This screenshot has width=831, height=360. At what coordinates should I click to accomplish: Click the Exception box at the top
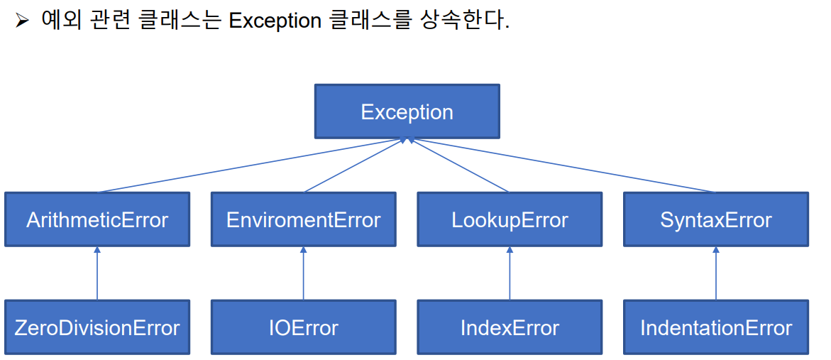pos(407,111)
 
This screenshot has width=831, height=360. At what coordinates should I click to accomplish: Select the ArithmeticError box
pos(97,219)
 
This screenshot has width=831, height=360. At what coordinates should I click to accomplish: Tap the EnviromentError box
pos(303,219)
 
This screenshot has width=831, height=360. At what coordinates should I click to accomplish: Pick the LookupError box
pos(510,219)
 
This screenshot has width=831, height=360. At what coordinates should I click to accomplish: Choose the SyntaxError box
pos(716,219)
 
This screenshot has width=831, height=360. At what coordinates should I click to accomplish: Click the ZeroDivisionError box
pos(97,327)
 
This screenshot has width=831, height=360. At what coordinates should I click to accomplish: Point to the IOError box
pos(303,327)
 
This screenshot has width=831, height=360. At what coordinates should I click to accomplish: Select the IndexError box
pos(510,327)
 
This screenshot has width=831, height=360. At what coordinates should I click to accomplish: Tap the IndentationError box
pos(716,327)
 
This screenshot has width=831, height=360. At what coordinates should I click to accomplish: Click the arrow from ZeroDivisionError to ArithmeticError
pos(97,273)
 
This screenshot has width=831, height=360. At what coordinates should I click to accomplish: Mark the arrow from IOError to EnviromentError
pos(303,273)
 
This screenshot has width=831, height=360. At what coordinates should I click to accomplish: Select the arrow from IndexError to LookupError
pos(510,273)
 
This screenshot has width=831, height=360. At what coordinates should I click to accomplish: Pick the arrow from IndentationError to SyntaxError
pos(716,273)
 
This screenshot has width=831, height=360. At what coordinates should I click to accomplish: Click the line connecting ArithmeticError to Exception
pos(249,165)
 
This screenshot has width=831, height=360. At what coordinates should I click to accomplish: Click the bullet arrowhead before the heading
pos(22,22)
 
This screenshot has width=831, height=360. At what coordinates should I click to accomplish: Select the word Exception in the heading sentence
pos(275,22)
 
